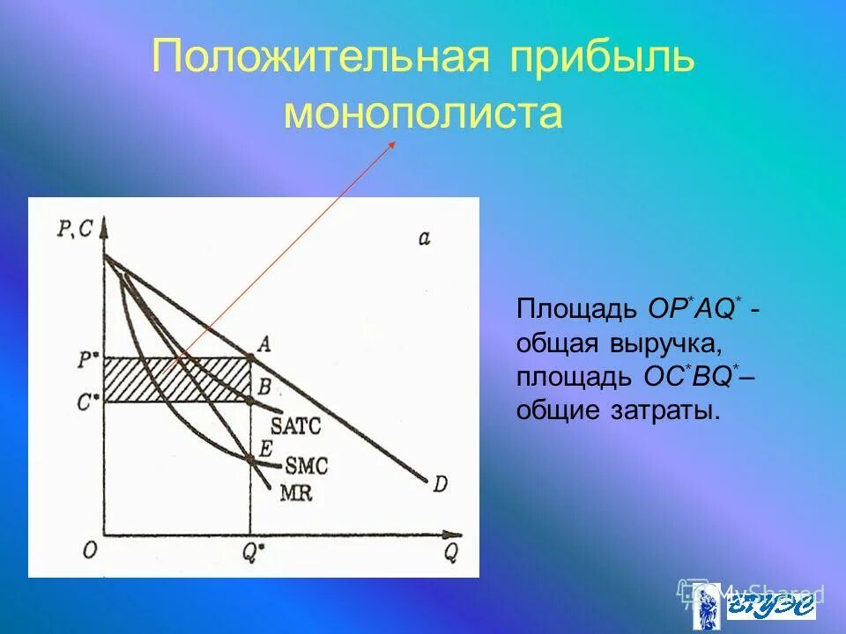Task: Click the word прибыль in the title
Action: pyautogui.click(x=601, y=58)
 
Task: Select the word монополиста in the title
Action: pyautogui.click(x=423, y=114)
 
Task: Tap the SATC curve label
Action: pyautogui.click(x=295, y=426)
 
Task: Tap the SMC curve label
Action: pyautogui.click(x=301, y=462)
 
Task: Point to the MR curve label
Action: pyautogui.click(x=295, y=493)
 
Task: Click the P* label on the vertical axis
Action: pyautogui.click(x=87, y=358)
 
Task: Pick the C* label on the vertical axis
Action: pyautogui.click(x=87, y=401)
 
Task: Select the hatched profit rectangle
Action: pyautogui.click(x=176, y=379)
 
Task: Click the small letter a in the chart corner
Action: pyautogui.click(x=424, y=238)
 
